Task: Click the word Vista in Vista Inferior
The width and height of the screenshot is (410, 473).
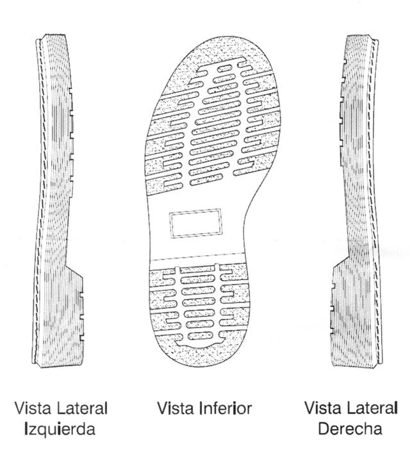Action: point(175,408)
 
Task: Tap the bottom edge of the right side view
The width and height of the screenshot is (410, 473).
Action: point(351,367)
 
